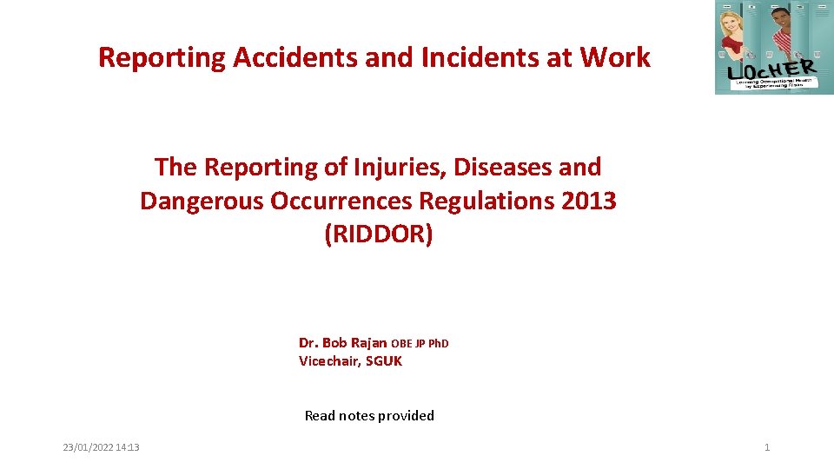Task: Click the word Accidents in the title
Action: pos(276,58)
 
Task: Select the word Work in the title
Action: pos(614,58)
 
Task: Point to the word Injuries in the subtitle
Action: pos(382,167)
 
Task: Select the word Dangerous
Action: pos(202,201)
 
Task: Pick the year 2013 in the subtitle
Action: pos(589,201)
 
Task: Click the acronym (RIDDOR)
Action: pos(378,235)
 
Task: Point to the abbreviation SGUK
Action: pos(384,361)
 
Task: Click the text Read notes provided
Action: pos(369,416)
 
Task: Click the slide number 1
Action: pos(767,447)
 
